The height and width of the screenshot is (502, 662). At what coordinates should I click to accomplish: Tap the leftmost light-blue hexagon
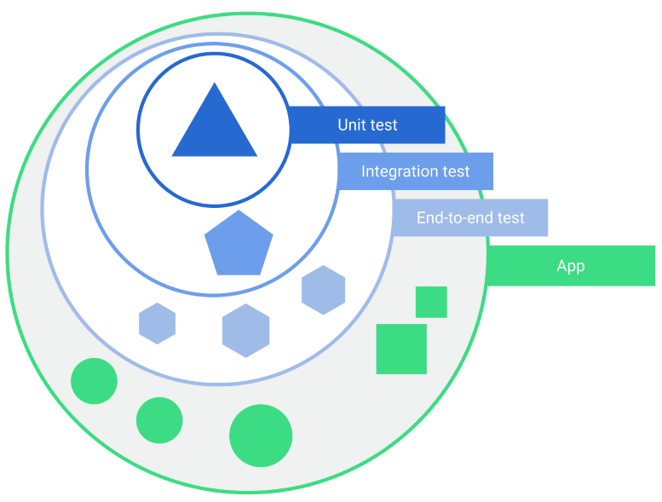157,324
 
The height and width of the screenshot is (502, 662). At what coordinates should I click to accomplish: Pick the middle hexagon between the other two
245,331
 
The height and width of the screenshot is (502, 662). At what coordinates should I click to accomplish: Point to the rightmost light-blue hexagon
323,290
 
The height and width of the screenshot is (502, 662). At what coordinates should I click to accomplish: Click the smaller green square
431,302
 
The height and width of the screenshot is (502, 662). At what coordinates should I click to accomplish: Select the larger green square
401,349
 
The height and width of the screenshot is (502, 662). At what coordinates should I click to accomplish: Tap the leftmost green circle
94,381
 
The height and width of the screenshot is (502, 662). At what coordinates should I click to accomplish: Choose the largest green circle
261,436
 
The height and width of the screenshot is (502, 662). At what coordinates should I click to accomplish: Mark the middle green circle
159,420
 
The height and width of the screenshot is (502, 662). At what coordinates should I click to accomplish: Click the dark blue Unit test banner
367,124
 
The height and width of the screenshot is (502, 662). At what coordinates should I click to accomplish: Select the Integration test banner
416,171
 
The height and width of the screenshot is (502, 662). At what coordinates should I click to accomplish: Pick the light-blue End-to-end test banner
470,218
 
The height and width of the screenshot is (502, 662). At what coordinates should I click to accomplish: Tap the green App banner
571,266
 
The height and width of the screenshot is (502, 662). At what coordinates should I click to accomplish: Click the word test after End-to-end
511,218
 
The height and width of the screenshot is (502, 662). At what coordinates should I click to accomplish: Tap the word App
571,266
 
